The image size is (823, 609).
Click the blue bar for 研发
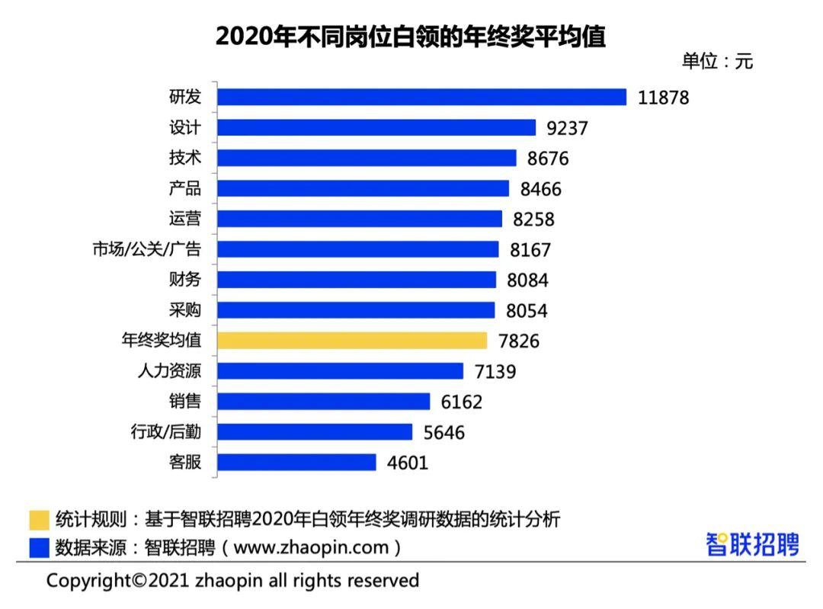pyautogui.click(x=421, y=97)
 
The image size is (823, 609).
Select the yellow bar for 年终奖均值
pyautogui.click(x=352, y=341)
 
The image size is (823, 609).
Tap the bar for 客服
pyautogui.click(x=296, y=463)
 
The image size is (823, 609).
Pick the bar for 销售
pyautogui.click(x=324, y=402)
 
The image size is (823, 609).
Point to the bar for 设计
pyautogui.click(x=376, y=127)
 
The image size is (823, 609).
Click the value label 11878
pyautogui.click(x=664, y=98)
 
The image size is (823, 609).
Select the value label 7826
pyautogui.click(x=514, y=341)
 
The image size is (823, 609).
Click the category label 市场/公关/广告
pyautogui.click(x=147, y=249)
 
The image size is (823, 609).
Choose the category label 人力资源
pyautogui.click(x=169, y=371)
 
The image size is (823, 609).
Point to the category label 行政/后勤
pyautogui.click(x=165, y=432)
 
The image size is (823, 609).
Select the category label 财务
pyautogui.click(x=185, y=280)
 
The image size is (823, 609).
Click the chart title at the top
pyautogui.click(x=411, y=37)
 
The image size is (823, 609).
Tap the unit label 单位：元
pyautogui.click(x=717, y=62)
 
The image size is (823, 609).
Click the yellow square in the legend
pyautogui.click(x=39, y=520)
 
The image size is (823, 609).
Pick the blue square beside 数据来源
pyautogui.click(x=39, y=547)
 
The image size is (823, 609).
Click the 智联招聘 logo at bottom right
pyautogui.click(x=752, y=545)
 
